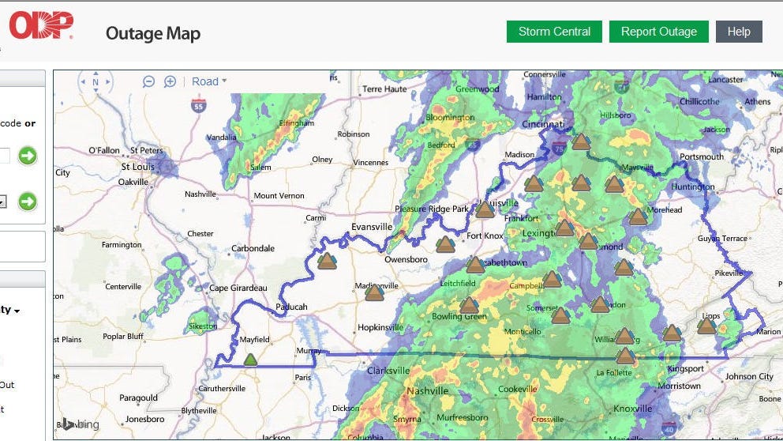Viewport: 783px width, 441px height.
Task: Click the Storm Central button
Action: click(554, 32)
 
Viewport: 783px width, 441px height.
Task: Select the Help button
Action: click(739, 32)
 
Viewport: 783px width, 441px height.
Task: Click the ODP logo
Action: click(41, 26)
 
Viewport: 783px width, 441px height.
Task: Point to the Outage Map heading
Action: click(153, 33)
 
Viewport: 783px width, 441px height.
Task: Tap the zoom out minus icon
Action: click(148, 81)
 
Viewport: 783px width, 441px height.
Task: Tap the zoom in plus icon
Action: click(170, 81)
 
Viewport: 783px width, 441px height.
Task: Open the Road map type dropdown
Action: click(209, 81)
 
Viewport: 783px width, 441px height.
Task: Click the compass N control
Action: click(96, 82)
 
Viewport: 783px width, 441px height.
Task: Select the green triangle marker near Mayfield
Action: click(251, 360)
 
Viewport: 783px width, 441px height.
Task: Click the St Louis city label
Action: click(137, 168)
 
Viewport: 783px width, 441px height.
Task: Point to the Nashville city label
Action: click(427, 390)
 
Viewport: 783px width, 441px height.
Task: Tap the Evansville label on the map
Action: click(372, 227)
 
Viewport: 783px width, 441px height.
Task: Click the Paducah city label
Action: click(291, 307)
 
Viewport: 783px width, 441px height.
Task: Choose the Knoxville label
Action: click(633, 409)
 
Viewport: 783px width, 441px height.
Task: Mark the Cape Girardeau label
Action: click(238, 288)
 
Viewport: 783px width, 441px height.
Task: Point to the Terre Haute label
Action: click(384, 89)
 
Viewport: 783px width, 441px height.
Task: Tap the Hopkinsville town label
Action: click(380, 326)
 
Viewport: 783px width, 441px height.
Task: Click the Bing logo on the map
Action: click(82, 424)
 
